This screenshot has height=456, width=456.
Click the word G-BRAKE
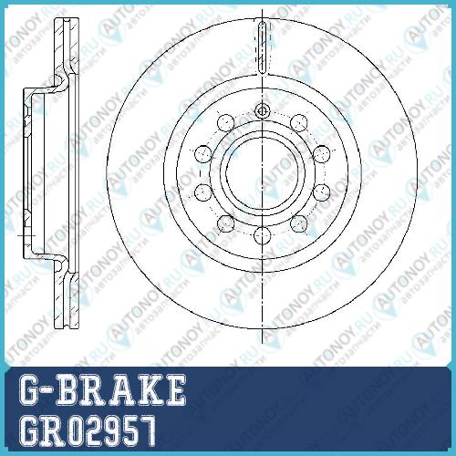[102, 389]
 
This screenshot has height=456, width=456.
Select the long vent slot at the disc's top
[262, 48]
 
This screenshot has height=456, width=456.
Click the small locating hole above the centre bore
[262, 110]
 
